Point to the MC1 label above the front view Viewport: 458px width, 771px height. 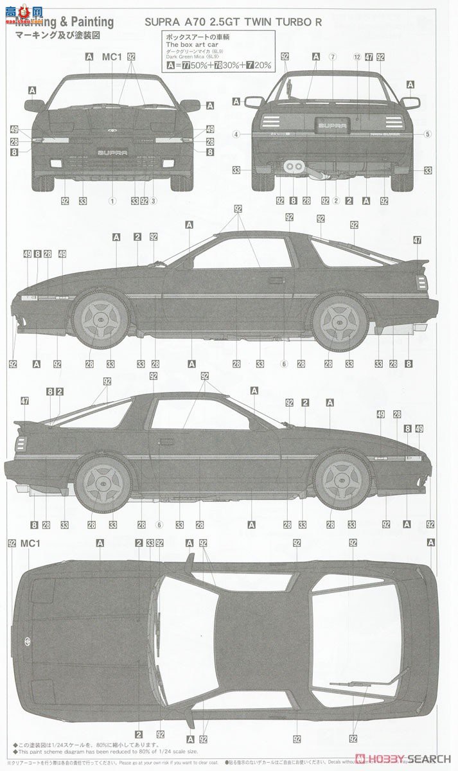pyautogui.click(x=112, y=57)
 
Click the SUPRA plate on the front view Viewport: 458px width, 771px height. pyautogui.click(x=112, y=152)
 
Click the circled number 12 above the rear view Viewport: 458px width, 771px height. pyautogui.click(x=357, y=57)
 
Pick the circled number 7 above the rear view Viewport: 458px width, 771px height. pyautogui.click(x=333, y=57)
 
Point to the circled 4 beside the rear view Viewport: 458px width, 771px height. pyautogui.click(x=237, y=134)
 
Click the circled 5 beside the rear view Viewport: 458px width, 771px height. pyautogui.click(x=427, y=134)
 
